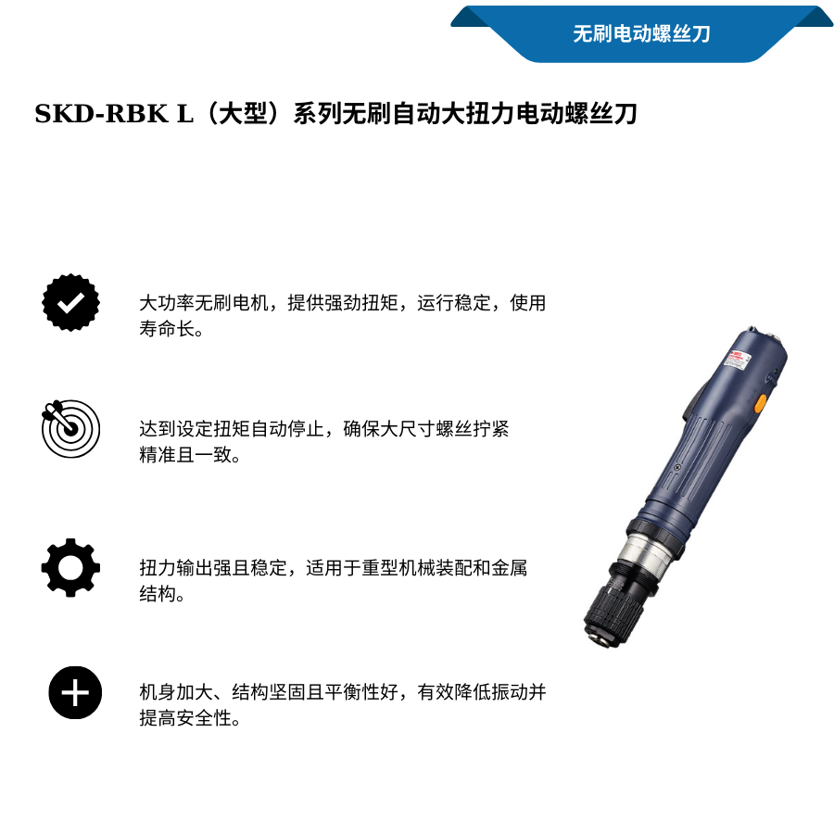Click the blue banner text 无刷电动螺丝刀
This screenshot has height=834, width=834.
(x=641, y=34)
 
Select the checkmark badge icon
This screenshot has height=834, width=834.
(x=70, y=302)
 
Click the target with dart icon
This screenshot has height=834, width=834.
(x=70, y=429)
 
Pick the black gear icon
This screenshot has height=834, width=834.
(x=70, y=567)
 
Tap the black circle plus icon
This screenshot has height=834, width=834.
(x=75, y=692)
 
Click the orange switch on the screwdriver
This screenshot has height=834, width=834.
(x=760, y=403)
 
